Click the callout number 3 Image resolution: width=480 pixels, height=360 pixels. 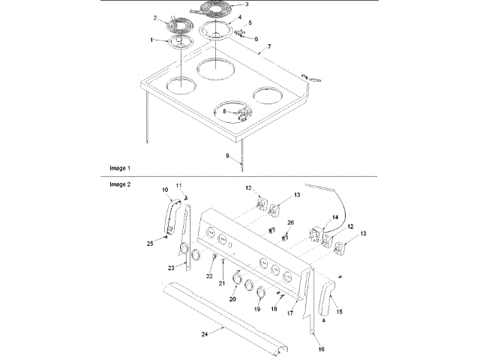[247, 4]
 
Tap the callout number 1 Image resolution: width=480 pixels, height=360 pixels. [152, 39]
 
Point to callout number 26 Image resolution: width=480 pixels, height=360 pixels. [291, 223]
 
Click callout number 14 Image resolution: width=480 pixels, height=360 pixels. [336, 217]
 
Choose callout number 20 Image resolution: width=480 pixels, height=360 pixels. [232, 299]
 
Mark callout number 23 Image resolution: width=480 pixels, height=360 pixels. [171, 267]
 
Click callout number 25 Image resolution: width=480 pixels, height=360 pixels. [150, 244]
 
